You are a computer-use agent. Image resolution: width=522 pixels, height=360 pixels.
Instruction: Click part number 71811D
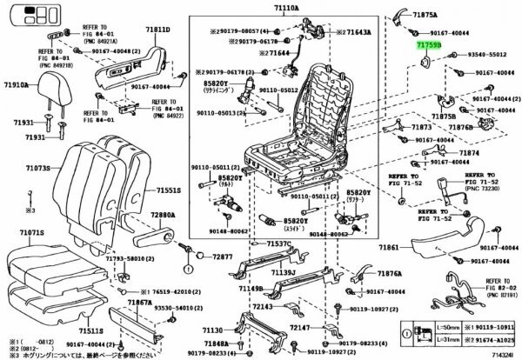pos(157,29)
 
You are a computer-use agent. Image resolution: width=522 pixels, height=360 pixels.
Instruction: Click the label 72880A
pos(163,214)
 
